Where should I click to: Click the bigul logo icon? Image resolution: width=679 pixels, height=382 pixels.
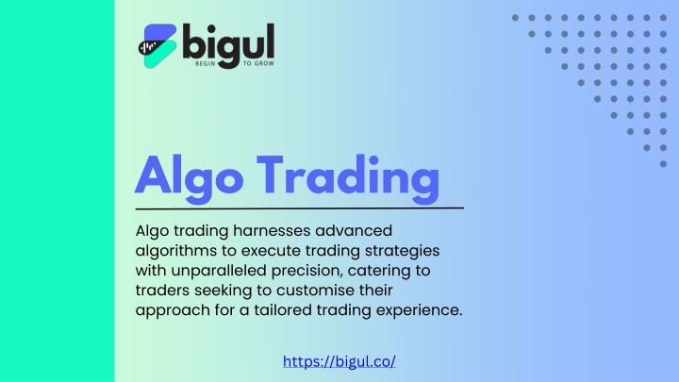157,46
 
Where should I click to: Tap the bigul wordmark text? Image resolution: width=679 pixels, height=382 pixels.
228,45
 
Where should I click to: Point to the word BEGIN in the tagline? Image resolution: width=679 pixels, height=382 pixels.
206,64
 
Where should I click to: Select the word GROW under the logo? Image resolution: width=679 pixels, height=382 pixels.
264,64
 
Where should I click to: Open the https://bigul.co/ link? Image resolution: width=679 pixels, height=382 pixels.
339,361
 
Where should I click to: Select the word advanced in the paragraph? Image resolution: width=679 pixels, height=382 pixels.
354,230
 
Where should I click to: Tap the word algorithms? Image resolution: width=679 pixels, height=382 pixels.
176,251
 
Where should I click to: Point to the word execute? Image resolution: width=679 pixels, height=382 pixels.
271,251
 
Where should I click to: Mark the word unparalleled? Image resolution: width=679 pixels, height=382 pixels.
219,271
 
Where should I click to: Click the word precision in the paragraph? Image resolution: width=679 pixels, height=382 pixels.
307,271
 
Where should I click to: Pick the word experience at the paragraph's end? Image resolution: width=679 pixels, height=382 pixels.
419,310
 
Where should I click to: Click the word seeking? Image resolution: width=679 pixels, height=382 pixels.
223,291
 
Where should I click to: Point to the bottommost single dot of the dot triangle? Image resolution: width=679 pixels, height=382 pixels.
663,164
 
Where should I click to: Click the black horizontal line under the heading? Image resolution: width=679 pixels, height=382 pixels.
299,208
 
